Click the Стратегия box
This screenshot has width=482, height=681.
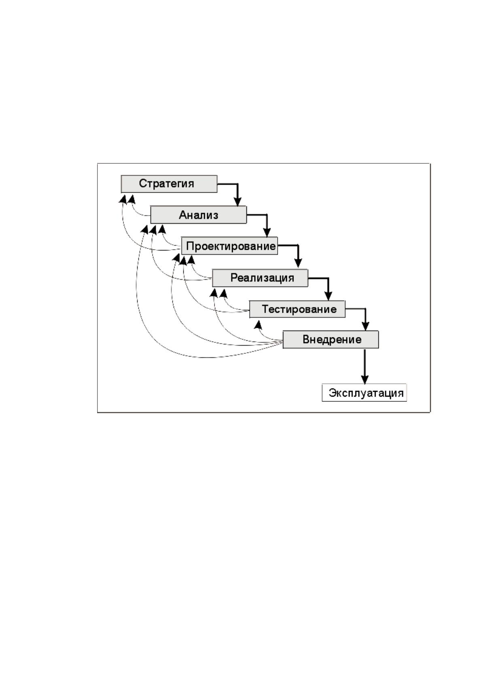169,184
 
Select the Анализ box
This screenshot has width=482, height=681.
199,215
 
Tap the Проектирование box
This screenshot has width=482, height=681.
229,246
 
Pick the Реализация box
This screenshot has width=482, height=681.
260,278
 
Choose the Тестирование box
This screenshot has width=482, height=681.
297,309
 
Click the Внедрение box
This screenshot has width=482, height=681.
331,339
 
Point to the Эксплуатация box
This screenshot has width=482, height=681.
364,393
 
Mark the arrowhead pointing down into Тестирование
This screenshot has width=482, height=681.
328,296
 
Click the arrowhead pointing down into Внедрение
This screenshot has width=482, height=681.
365,326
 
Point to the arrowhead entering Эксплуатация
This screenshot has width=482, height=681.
365,380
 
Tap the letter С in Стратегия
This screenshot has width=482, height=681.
142,184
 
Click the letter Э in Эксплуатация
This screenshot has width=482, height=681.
332,393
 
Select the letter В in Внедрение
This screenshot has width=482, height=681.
306,339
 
